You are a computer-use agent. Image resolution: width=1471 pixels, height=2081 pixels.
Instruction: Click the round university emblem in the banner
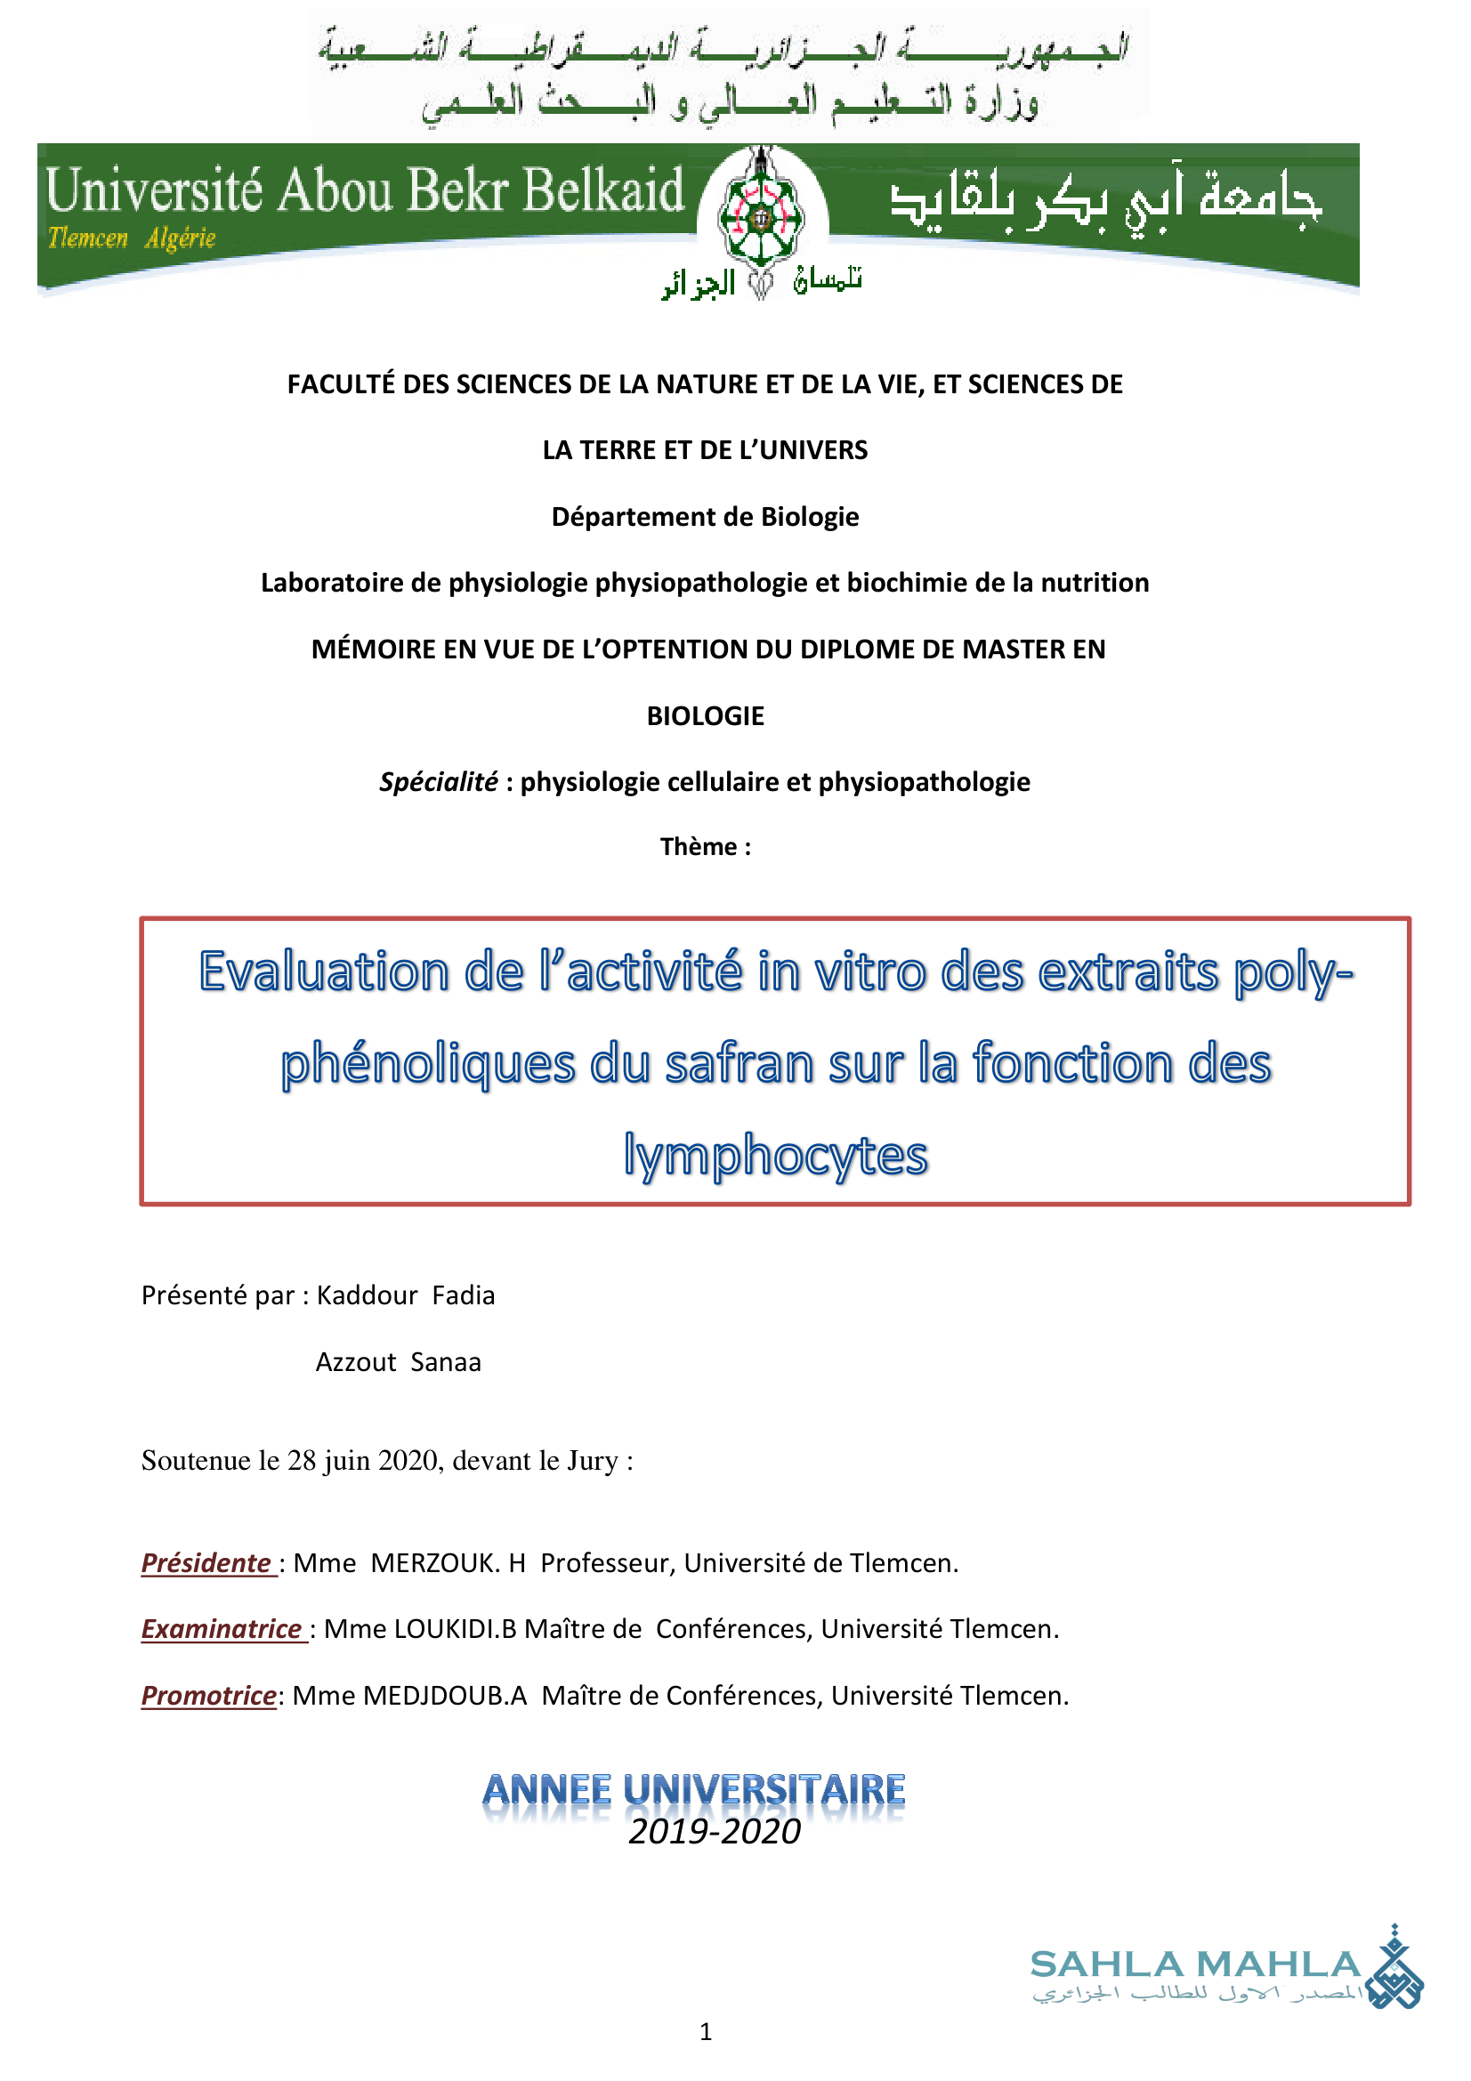tap(762, 217)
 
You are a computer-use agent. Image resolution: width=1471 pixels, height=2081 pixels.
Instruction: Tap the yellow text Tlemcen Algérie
tap(132, 238)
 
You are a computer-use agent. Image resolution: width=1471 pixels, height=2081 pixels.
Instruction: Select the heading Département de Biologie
tap(705, 517)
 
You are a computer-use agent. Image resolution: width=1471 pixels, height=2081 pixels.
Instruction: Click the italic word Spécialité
tap(438, 781)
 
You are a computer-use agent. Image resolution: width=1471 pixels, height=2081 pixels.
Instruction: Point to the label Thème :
tap(705, 846)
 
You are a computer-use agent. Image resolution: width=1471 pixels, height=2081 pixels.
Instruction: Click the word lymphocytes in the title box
tap(775, 1156)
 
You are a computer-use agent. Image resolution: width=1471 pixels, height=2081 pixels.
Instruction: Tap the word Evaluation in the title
tap(324, 972)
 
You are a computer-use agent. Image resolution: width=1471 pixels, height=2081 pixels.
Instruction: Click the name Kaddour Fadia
tap(405, 1295)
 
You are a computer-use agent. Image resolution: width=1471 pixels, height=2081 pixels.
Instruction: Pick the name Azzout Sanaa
tap(398, 1362)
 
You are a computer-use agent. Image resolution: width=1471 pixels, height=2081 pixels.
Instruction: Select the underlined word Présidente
tap(206, 1562)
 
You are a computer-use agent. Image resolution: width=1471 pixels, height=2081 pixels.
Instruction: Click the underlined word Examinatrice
tap(222, 1629)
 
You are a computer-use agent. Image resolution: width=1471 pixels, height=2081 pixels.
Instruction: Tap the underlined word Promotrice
tap(208, 1695)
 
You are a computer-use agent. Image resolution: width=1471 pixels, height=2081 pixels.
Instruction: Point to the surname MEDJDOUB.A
tap(444, 1695)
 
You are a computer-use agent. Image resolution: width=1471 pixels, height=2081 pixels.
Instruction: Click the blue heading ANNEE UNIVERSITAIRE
tap(694, 1789)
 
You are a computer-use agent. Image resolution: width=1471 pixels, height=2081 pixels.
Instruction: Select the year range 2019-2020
tap(715, 1832)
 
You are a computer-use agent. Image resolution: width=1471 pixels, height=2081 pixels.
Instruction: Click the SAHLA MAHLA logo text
tap(1194, 1964)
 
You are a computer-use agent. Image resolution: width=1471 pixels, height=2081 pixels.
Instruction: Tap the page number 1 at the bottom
tap(705, 2032)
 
